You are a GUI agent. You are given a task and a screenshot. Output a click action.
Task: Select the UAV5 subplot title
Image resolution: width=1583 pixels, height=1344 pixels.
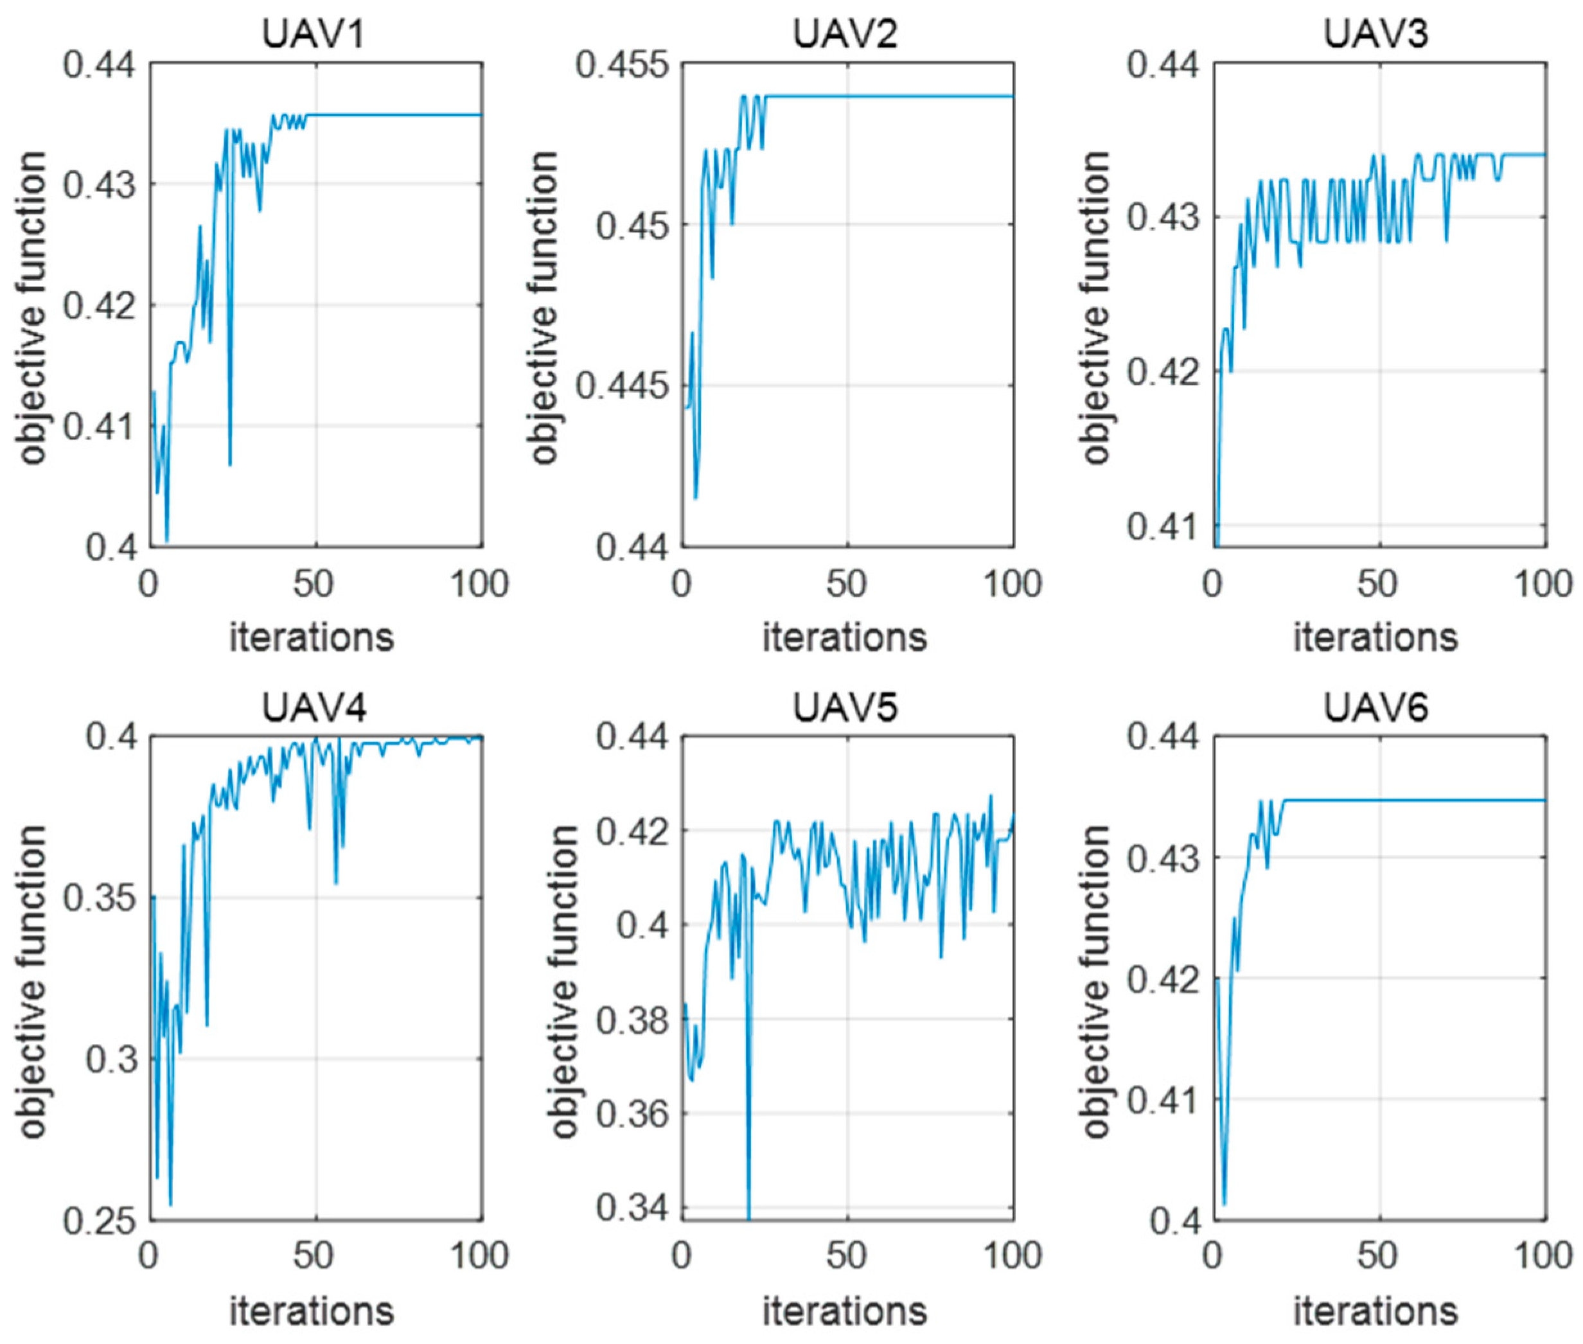[845, 708]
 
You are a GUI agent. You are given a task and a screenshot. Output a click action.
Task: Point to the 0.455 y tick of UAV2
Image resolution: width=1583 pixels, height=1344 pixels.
[619, 64]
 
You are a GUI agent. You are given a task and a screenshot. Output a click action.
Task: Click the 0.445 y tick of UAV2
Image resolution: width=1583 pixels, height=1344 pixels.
[619, 386]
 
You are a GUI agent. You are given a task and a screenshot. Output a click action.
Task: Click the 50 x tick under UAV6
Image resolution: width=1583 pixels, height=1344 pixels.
[1377, 1255]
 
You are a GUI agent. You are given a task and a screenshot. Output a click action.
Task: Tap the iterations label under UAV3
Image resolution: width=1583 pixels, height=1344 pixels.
[1375, 637]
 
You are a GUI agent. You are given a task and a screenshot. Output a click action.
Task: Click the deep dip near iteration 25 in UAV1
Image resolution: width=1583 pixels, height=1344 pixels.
[230, 464]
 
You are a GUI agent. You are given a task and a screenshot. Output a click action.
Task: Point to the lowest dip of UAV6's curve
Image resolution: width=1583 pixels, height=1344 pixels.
[1225, 1205]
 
